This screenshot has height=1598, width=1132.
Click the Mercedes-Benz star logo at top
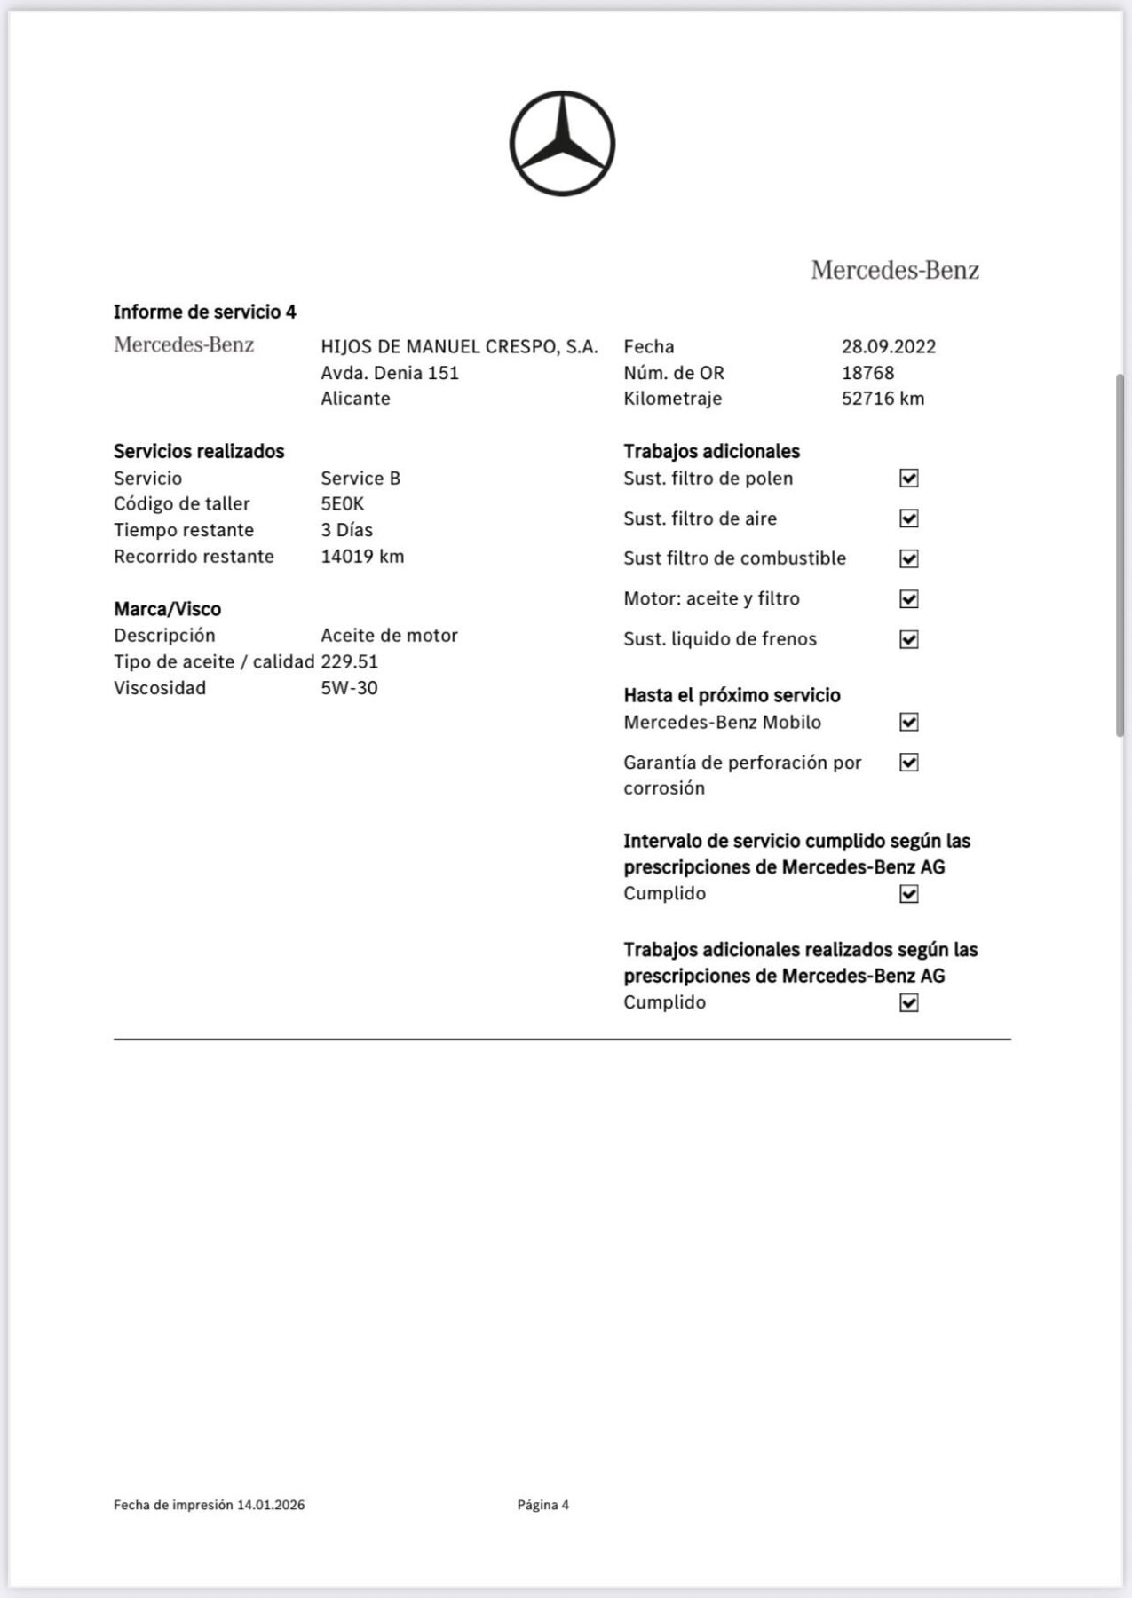pos(562,143)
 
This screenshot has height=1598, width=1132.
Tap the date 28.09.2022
pos(888,346)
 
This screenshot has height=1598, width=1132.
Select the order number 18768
pos(867,373)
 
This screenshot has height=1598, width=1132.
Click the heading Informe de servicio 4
pos(204,312)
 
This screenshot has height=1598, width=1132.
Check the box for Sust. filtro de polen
pos(908,479)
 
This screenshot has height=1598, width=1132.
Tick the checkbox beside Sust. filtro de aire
pos(908,518)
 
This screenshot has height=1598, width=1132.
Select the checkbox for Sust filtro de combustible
pos(908,558)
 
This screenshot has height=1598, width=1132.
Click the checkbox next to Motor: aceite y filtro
pos(908,599)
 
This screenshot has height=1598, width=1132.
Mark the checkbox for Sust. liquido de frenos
pos(908,639)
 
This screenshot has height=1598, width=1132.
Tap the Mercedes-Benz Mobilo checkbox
pos(908,722)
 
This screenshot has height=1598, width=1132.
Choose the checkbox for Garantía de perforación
pos(908,763)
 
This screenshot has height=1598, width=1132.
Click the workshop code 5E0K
pos(342,504)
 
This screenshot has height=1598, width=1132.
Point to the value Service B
pos(360,479)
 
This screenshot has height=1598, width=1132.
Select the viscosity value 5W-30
pos(349,688)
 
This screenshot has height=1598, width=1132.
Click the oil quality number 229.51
pos(349,661)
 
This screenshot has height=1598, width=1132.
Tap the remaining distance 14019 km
pos(362,557)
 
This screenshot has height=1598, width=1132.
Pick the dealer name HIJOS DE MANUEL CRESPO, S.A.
pos(459,346)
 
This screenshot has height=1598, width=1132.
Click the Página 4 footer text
pos(542,1505)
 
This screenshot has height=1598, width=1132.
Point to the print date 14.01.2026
pos(271,1505)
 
